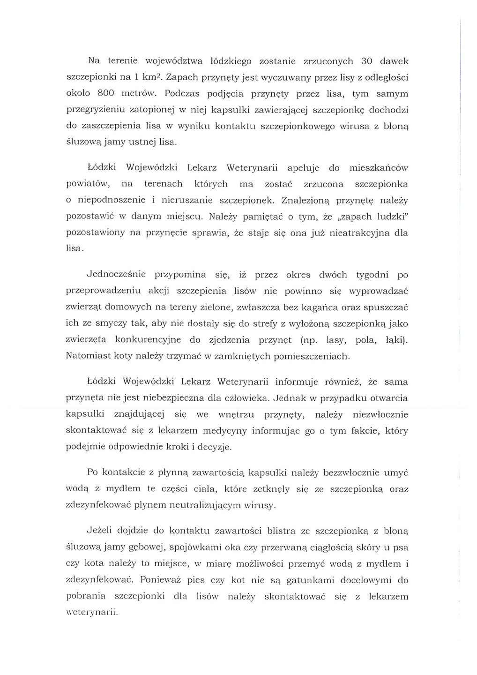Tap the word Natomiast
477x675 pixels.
tap(89, 356)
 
